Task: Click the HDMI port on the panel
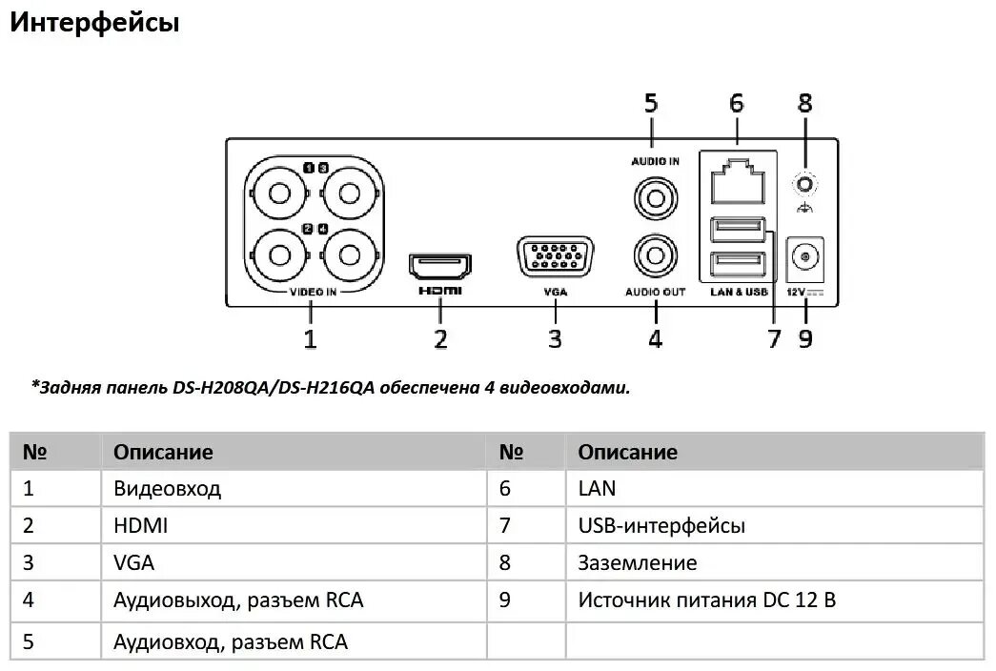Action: tap(440, 264)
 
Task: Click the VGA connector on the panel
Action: tap(555, 258)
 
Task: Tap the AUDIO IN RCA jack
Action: tap(656, 198)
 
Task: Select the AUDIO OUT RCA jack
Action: tap(656, 256)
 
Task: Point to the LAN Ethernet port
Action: tap(736, 180)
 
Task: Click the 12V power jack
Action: tap(806, 257)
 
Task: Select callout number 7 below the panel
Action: tap(774, 337)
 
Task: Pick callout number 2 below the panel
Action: tap(440, 337)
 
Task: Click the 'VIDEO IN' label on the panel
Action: tap(313, 292)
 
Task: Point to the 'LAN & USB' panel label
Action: tap(739, 292)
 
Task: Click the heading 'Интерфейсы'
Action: tap(94, 23)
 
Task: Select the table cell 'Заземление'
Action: tap(637, 562)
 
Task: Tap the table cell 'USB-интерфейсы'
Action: tap(661, 525)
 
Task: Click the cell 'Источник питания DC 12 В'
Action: tap(707, 600)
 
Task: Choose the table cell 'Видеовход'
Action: tap(167, 489)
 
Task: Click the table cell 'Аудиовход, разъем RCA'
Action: tap(230, 641)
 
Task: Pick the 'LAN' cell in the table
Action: tap(597, 489)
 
